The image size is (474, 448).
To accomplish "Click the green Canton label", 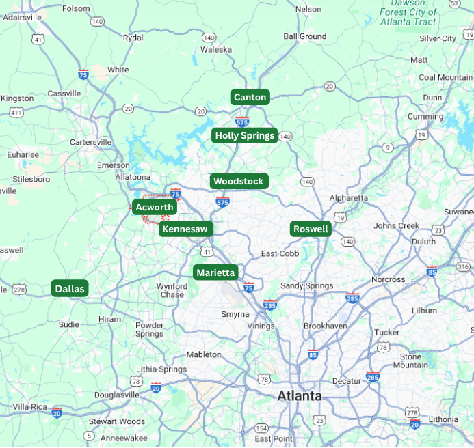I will (x=250, y=97).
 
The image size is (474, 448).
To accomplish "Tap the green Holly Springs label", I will (x=244, y=135).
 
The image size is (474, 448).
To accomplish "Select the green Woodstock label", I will (x=238, y=181).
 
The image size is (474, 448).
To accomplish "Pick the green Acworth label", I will (x=154, y=206).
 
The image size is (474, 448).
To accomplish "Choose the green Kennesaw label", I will (x=185, y=229).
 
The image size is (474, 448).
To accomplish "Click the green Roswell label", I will (x=311, y=229).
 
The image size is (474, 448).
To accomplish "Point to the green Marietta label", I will (x=215, y=272).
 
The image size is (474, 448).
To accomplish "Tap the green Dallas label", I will (x=70, y=289).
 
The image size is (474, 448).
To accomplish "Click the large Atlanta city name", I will (x=299, y=396).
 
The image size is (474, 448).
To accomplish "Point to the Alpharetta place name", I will (x=348, y=198).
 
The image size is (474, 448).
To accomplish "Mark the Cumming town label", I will (x=425, y=117).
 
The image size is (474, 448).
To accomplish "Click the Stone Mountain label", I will (x=410, y=361).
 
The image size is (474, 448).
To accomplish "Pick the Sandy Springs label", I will (x=306, y=285).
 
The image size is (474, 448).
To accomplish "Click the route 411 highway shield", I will (x=16, y=111).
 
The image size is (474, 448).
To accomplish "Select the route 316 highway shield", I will (x=463, y=266).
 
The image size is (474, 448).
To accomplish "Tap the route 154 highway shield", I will (x=261, y=428).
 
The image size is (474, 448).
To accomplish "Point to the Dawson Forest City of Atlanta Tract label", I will (x=408, y=13).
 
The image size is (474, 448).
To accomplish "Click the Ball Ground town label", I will (x=304, y=36).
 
